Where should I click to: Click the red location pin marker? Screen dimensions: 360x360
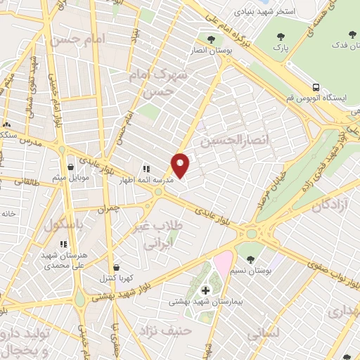[x=181, y=165]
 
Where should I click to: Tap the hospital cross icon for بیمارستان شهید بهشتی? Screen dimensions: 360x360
[x=206, y=290]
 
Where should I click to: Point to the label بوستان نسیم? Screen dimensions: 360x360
[x=252, y=270]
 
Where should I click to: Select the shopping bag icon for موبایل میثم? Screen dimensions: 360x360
[x=72, y=167]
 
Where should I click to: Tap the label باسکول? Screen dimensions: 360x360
[x=64, y=226]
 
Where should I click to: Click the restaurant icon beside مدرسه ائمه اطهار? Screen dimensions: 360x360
[x=147, y=169]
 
